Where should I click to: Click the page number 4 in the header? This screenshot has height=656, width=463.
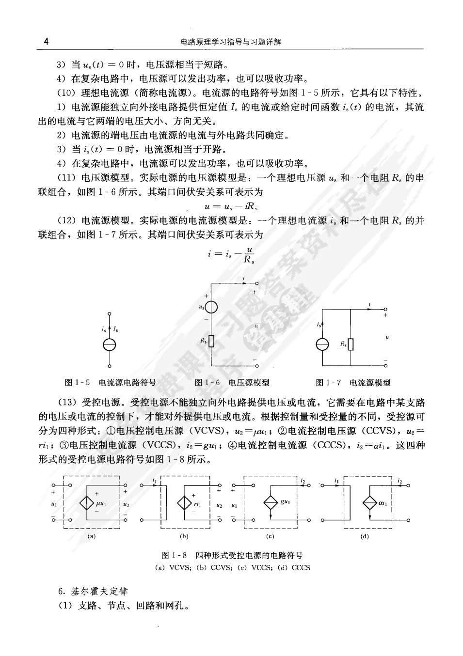(x=46, y=42)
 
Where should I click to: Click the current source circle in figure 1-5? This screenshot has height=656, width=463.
(x=110, y=345)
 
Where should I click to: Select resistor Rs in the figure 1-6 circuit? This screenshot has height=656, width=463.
(x=211, y=342)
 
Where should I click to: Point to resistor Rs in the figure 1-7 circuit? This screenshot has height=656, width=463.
(x=351, y=344)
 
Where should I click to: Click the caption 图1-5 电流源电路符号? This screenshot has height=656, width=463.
(x=111, y=383)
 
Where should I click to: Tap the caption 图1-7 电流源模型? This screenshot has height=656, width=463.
(x=353, y=383)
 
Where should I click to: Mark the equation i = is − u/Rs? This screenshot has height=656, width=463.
(x=231, y=254)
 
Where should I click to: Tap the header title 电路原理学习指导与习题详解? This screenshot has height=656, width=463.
(x=231, y=42)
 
